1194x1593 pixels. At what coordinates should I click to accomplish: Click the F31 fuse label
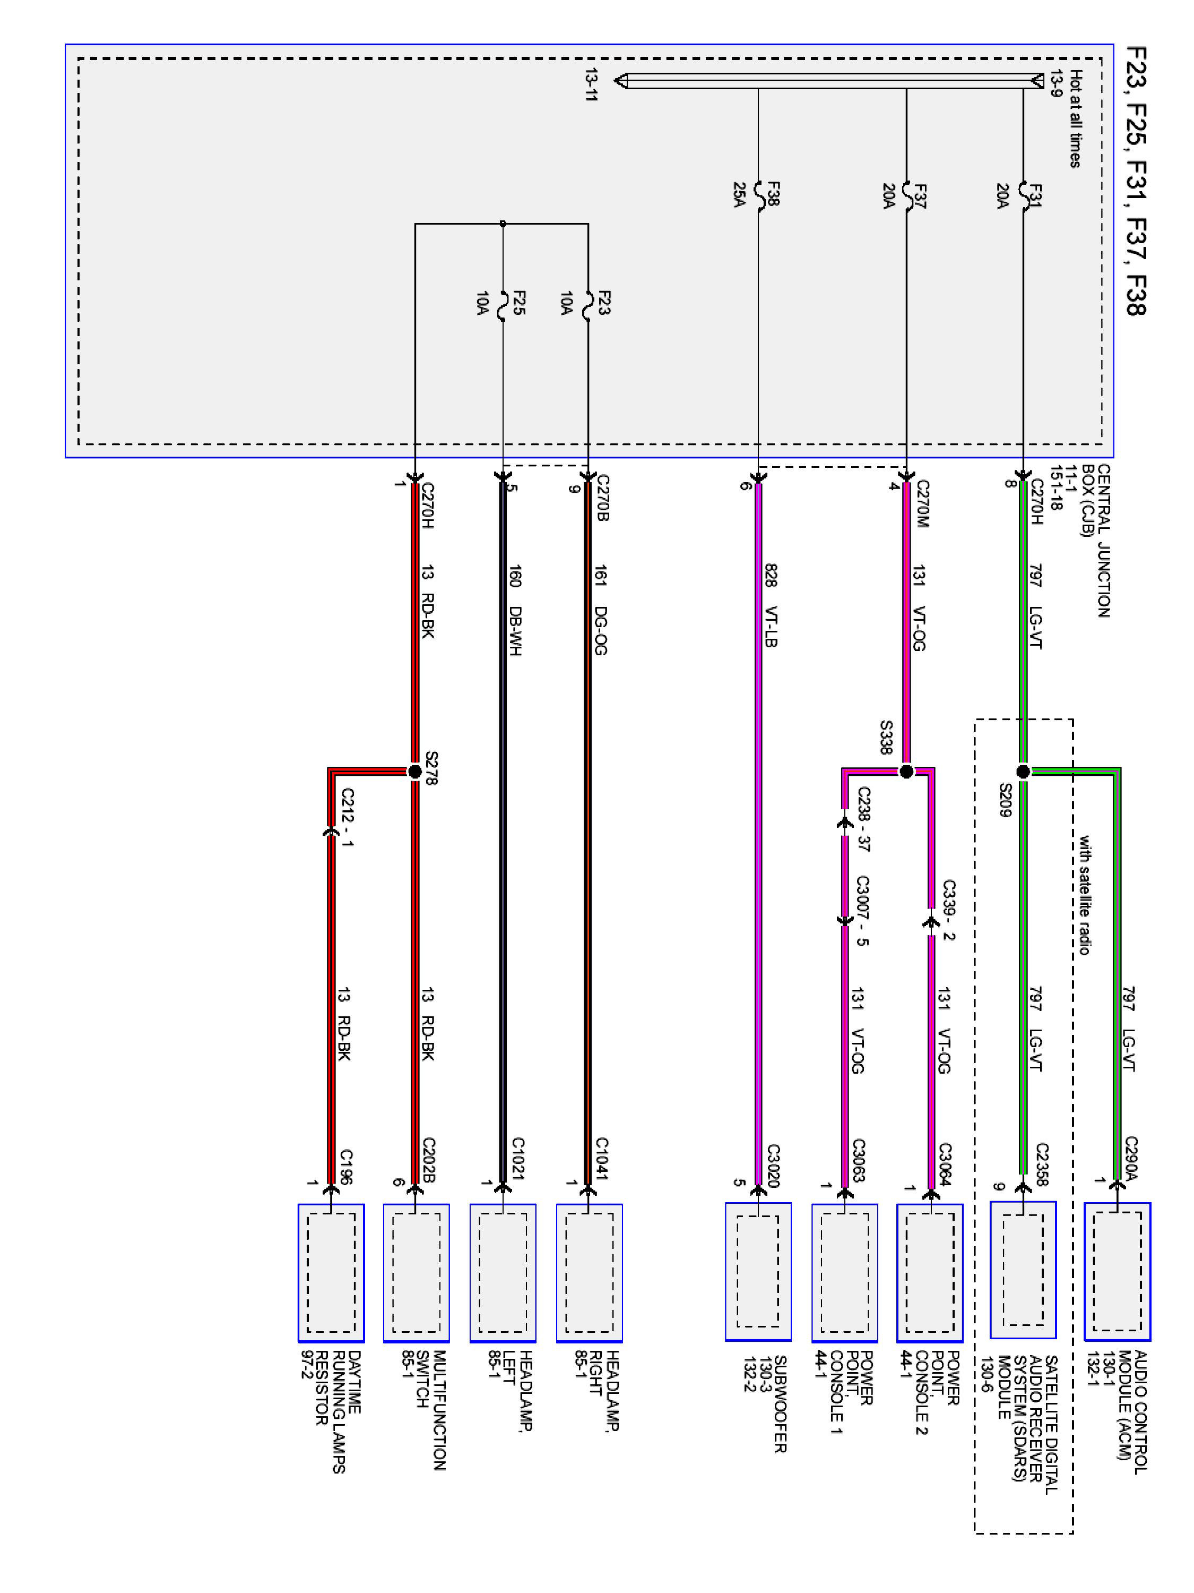tap(1034, 195)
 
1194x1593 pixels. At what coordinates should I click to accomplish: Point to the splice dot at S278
tap(414, 772)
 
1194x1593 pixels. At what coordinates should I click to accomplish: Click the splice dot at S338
tap(906, 772)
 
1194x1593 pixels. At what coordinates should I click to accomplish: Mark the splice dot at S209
tap(1023, 772)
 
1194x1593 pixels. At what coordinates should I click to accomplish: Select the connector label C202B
tap(428, 1160)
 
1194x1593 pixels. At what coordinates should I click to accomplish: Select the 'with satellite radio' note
tap(1084, 895)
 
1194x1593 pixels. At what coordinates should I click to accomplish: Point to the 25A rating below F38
tap(739, 194)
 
